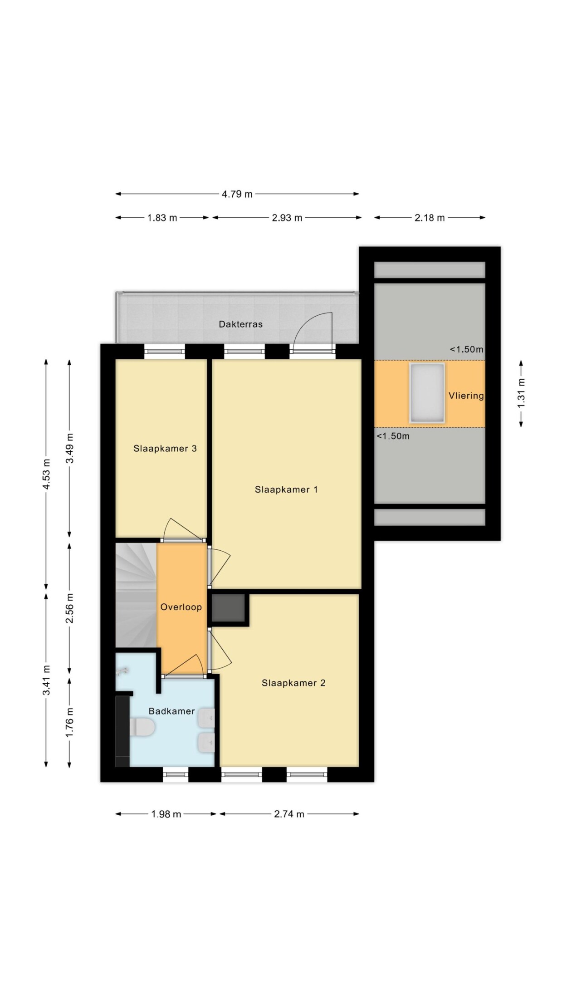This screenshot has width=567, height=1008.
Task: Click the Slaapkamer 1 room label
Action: click(x=286, y=489)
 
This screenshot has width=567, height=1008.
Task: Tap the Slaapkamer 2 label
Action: click(x=293, y=683)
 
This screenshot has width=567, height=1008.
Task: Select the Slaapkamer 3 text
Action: click(x=165, y=449)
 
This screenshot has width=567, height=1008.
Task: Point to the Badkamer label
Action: click(x=171, y=711)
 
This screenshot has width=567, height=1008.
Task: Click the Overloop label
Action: click(x=181, y=607)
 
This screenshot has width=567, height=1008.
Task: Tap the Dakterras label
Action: click(x=240, y=324)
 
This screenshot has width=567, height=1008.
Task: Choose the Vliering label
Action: click(x=466, y=396)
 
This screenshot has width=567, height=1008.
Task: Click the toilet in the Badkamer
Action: click(x=142, y=727)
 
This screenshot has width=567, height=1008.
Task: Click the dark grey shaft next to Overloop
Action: click(x=229, y=608)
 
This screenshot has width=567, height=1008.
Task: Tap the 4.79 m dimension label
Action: click(x=237, y=194)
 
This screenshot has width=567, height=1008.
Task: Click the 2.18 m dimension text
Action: click(x=430, y=218)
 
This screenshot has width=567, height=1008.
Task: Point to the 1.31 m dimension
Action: click(x=521, y=393)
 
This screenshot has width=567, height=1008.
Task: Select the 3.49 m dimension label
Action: click(x=69, y=448)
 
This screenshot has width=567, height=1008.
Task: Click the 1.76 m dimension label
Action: click(x=69, y=722)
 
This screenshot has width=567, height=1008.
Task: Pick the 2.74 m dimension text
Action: click(x=289, y=814)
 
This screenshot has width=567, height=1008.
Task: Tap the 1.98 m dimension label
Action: click(x=166, y=814)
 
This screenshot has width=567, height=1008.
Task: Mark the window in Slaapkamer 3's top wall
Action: click(x=165, y=352)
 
